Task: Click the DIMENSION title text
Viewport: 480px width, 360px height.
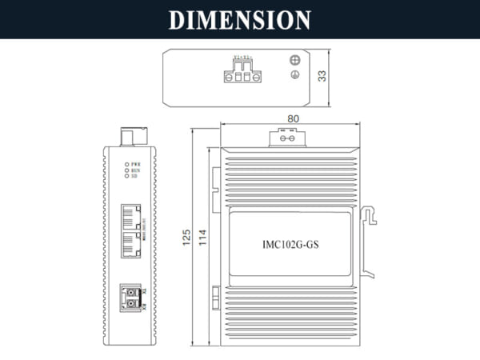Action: click(240, 19)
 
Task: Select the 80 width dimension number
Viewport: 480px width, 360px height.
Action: click(293, 118)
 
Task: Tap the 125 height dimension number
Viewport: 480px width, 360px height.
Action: click(185, 238)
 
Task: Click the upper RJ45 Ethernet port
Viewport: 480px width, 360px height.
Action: click(130, 216)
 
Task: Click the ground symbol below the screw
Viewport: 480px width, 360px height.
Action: click(294, 75)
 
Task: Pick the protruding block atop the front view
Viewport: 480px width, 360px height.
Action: click(128, 136)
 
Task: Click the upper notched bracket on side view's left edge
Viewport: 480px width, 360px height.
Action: click(214, 182)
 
